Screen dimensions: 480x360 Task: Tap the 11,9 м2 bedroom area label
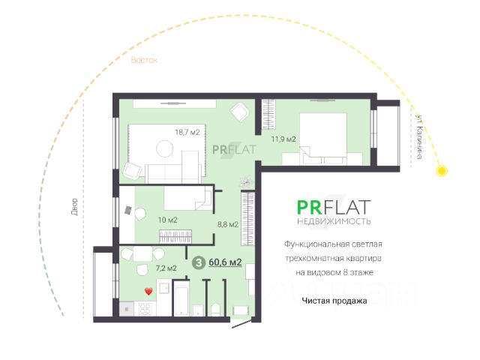coord(283,139)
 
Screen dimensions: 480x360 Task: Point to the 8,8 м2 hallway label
coord(228,223)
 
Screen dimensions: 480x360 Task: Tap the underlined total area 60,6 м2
coord(225,262)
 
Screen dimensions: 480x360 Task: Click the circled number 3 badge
coord(199,262)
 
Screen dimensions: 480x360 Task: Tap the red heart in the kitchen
coord(148,290)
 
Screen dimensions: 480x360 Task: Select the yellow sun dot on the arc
coord(442,172)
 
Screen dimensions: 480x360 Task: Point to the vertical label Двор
coord(73,206)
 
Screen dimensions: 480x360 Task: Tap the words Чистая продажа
coord(334,301)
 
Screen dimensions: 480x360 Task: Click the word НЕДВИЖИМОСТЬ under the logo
coord(334,222)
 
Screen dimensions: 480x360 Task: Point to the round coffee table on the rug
coord(164,148)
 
